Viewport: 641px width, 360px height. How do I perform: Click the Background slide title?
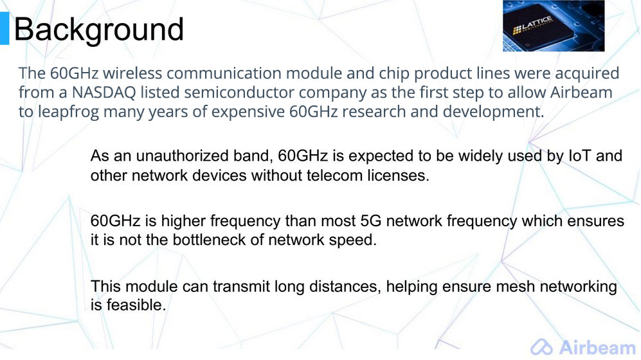tap(98, 30)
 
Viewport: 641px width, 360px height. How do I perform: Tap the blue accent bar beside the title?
tap(5, 28)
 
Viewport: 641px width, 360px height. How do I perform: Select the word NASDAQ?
tap(104, 93)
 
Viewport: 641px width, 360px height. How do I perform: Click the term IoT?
tap(580, 156)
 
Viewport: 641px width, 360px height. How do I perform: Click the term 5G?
tap(371, 221)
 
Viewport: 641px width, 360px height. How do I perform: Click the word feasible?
tap(136, 305)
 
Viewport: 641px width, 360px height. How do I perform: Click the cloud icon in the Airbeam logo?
tap(541, 347)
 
